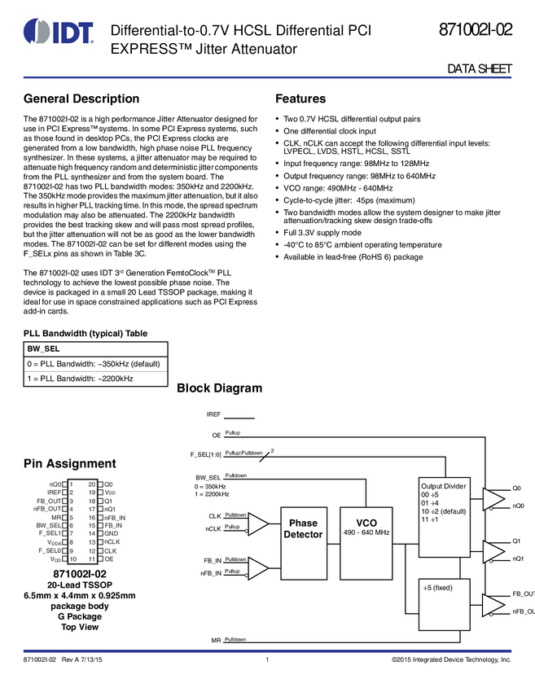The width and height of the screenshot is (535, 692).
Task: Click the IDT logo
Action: tap(59, 33)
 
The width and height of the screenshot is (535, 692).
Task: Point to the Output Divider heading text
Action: tap(444, 486)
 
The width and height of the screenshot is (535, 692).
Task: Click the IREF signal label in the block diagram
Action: tap(213, 414)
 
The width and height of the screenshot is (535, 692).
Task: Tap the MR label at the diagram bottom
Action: tap(215, 640)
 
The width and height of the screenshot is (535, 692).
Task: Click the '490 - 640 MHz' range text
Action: tap(366, 532)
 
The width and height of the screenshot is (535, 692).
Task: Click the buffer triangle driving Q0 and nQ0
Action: tap(492, 498)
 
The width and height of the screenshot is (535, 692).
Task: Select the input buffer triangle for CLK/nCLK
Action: tap(257, 524)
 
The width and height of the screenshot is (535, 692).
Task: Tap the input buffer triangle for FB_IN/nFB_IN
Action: tap(257, 567)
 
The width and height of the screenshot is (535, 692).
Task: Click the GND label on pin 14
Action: tap(112, 533)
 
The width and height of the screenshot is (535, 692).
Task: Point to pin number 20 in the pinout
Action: tap(91, 484)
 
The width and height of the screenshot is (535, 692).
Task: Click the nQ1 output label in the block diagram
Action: tap(519, 559)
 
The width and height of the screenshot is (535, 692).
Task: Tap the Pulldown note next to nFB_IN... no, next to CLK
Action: tap(236, 515)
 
